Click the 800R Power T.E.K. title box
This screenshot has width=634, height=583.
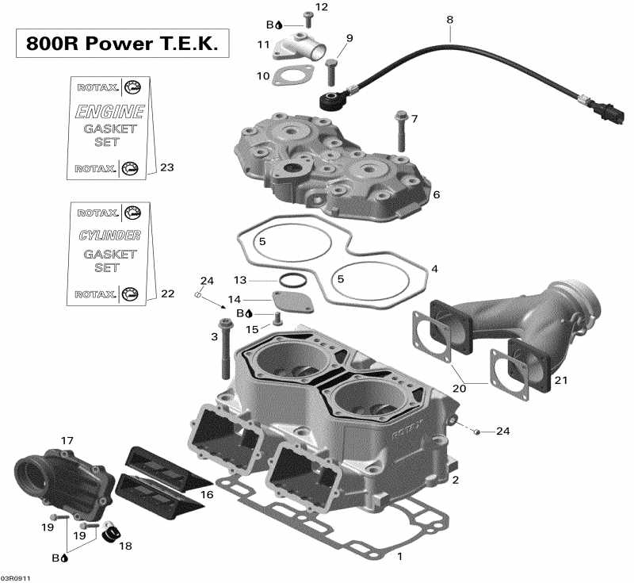tap(122, 43)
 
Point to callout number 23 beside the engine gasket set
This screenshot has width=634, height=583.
tap(166, 167)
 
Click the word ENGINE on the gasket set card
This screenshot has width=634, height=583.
tap(109, 111)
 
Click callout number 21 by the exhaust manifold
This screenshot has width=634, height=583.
tap(561, 381)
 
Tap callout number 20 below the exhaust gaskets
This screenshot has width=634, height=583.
tap(460, 389)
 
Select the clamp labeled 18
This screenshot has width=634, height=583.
tap(110, 533)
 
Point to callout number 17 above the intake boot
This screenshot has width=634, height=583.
tap(67, 440)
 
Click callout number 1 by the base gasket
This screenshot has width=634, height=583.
tap(399, 556)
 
